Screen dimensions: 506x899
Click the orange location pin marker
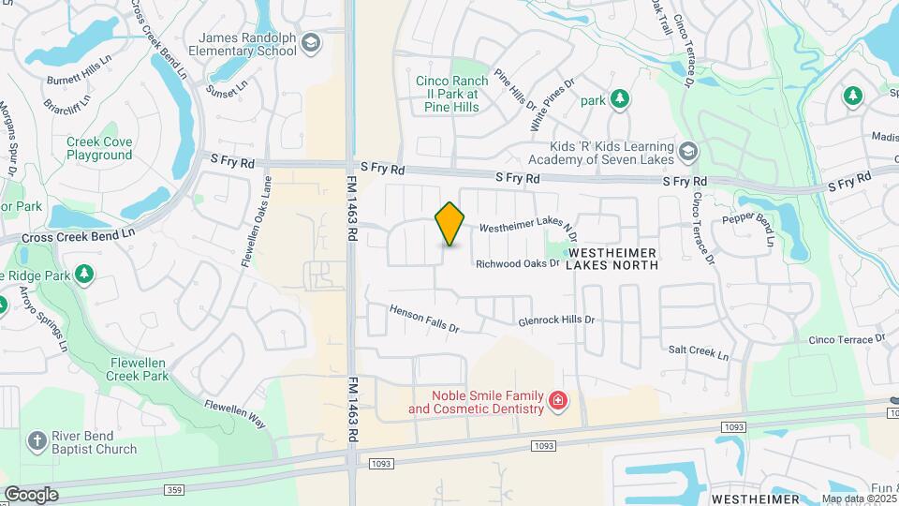(x=450, y=224)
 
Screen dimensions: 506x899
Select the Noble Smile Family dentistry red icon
(x=558, y=402)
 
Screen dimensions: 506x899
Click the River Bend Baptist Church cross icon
(x=37, y=441)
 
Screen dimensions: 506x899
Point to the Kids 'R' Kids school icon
(x=688, y=153)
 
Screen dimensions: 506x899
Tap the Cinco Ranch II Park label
(x=448, y=94)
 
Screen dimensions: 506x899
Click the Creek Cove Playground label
(x=99, y=148)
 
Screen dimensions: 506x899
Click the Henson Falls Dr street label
(x=424, y=318)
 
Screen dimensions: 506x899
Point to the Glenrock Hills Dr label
(x=556, y=320)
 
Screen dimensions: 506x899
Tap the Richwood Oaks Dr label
(x=517, y=264)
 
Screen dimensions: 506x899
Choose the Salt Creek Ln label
(x=698, y=353)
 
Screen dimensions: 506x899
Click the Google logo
(x=31, y=494)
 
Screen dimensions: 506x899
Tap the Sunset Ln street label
(x=228, y=88)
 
